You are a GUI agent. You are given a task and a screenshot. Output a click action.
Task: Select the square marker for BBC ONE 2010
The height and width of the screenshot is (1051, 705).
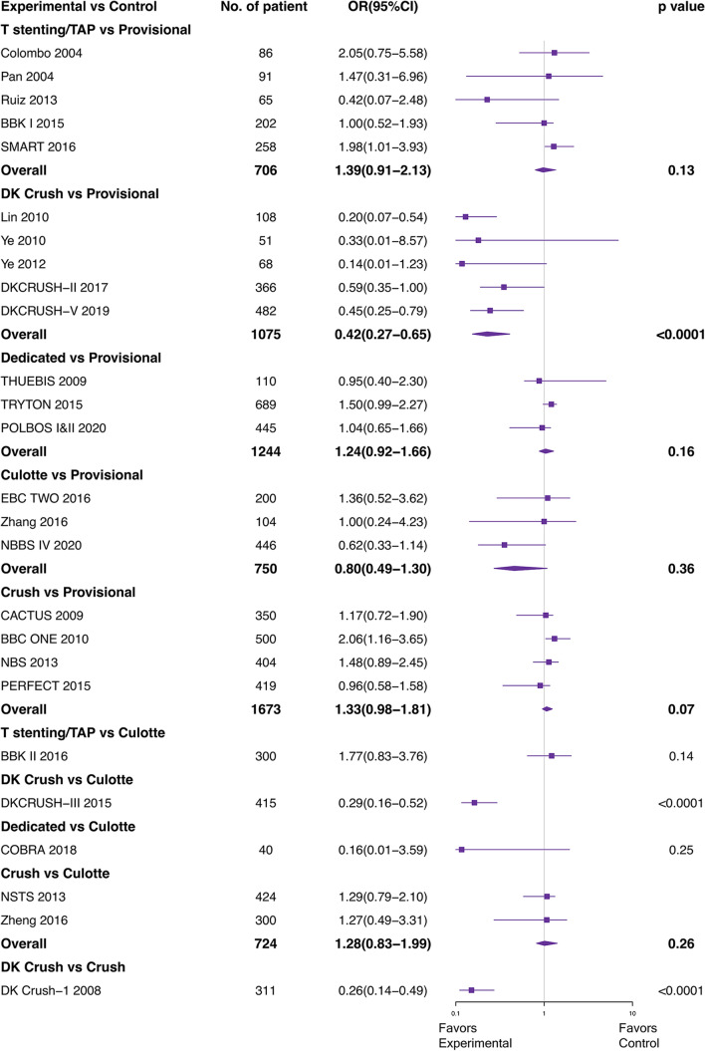point(555,639)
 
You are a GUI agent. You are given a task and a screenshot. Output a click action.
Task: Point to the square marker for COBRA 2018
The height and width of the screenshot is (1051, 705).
point(461,849)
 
